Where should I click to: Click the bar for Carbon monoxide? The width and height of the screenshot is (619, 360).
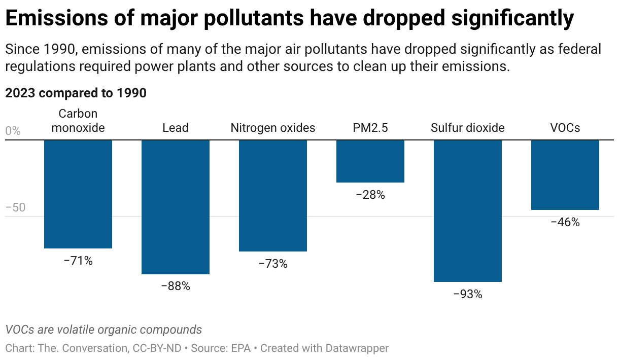tap(78, 194)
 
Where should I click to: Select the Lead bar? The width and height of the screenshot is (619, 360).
tap(176, 207)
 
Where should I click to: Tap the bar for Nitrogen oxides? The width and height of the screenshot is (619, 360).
tap(273, 195)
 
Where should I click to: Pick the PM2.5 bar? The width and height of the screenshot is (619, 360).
tap(370, 161)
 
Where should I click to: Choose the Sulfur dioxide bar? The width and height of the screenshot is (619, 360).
tap(468, 210)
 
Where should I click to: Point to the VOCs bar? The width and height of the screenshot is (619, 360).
tap(565, 174)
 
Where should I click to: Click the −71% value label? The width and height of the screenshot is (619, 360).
tap(78, 261)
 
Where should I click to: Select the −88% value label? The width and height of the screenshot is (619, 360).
tap(176, 286)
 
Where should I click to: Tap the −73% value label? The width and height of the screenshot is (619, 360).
tap(273, 264)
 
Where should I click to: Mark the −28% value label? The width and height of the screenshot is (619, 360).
tap(370, 195)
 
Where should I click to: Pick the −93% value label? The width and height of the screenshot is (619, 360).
tap(468, 294)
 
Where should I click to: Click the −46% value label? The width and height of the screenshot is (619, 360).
tap(565, 222)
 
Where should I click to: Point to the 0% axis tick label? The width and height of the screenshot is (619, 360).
tap(13, 131)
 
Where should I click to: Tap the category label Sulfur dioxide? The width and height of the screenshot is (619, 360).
tap(468, 128)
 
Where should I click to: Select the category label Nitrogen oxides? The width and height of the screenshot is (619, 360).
tap(273, 128)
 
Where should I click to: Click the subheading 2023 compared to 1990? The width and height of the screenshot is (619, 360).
tap(76, 93)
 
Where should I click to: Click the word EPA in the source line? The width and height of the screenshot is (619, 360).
tap(243, 348)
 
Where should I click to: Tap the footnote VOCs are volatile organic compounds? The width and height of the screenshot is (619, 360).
tap(104, 330)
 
